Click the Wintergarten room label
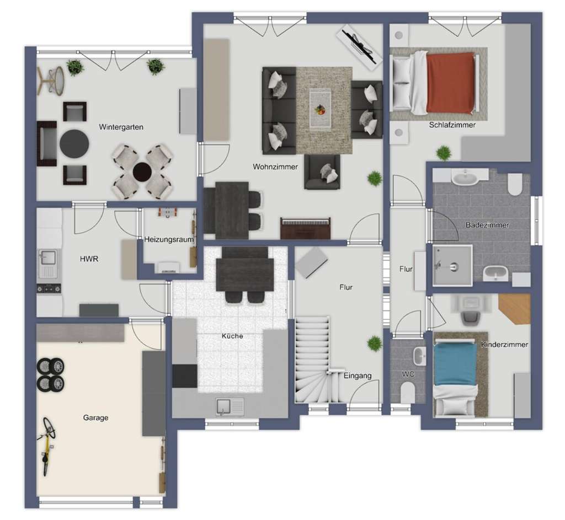click(121, 127)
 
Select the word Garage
click(96, 417)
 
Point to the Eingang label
click(358, 376)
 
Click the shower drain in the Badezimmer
click(454, 266)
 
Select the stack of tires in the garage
click(51, 374)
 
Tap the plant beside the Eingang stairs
click(375, 344)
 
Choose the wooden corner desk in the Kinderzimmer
click(515, 308)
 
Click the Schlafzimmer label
click(452, 125)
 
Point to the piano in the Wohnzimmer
click(306, 228)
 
